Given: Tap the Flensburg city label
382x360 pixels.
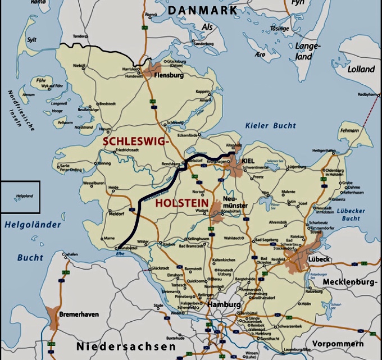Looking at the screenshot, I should pos(169,75).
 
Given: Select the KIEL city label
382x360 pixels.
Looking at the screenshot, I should pos(248,161).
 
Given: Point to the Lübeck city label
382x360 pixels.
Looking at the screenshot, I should pos(319,259).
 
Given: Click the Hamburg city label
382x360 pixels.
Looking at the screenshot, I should pos(220,304).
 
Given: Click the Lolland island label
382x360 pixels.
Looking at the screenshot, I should pos(361,70).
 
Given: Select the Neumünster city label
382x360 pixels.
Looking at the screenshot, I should pos(235,203).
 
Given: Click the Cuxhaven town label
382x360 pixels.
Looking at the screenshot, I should pos(69,254).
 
